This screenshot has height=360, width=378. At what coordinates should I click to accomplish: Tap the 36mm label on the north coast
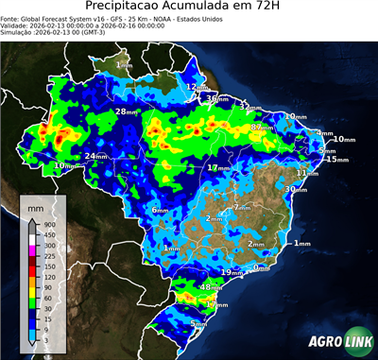pos(216,98)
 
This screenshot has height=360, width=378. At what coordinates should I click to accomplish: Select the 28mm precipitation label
pos(126,111)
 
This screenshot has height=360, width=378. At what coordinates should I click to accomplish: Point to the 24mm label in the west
pos(95,156)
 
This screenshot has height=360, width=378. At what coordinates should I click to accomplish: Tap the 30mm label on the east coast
pos(296,189)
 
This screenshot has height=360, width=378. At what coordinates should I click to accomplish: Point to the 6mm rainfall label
pos(160,210)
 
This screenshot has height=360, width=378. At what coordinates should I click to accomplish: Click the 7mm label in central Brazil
pos(241,207)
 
